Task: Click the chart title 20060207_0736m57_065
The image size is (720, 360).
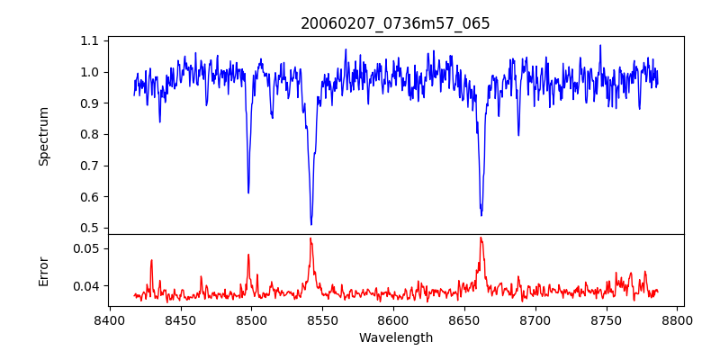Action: click(395, 23)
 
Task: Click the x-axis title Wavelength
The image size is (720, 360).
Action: click(395, 337)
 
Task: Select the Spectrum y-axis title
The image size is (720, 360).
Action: click(43, 136)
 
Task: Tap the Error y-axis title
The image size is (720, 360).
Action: click(43, 271)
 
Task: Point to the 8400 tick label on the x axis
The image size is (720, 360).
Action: click(109, 319)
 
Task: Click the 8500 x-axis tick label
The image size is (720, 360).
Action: click(251, 319)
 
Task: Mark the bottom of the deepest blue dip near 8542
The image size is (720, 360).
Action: click(311, 224)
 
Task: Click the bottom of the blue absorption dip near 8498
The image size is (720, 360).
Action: click(248, 193)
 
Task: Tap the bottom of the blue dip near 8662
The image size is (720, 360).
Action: click(481, 215)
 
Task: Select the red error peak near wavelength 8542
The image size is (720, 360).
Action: click(310, 238)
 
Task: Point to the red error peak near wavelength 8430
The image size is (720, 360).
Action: click(152, 260)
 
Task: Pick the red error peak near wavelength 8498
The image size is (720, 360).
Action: click(248, 255)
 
